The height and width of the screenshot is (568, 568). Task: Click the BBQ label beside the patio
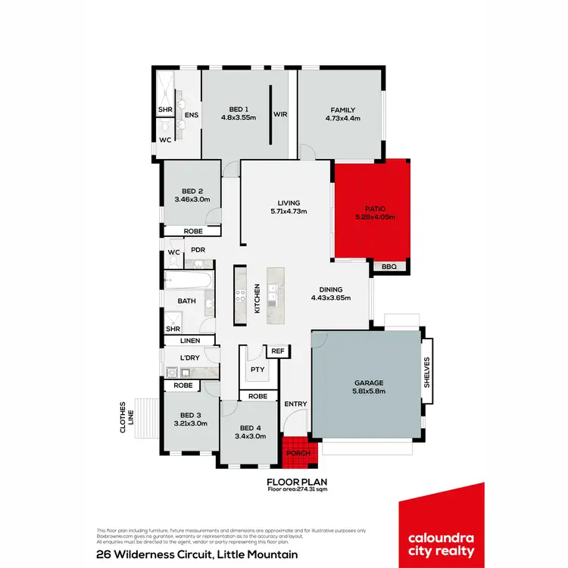389,266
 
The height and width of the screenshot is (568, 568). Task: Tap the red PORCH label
296,453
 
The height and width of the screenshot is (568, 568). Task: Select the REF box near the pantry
278,351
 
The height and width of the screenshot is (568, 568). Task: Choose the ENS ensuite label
191,115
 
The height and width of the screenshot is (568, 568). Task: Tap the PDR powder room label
198,250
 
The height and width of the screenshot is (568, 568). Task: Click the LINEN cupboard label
189,341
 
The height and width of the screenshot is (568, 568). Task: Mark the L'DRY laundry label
189,357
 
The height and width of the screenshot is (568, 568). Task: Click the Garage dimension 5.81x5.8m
370,392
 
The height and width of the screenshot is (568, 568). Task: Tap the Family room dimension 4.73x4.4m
342,118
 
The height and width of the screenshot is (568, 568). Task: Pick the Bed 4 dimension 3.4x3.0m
251,436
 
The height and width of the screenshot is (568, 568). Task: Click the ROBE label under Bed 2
192,231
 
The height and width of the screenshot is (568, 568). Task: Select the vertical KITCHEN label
257,298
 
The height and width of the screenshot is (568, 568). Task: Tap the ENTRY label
295,404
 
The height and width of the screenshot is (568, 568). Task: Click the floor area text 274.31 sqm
296,489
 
